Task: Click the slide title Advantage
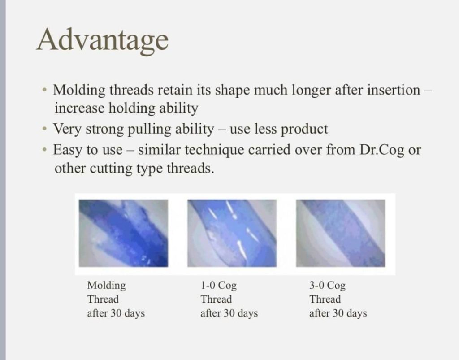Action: point(103,40)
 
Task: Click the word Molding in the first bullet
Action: point(79,90)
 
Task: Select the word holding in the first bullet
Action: point(132,108)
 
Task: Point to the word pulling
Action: point(150,129)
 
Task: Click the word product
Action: point(304,129)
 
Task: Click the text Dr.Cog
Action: point(382,150)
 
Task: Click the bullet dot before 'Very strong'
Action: point(44,129)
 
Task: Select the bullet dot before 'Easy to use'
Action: point(44,150)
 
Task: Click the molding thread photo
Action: point(124,233)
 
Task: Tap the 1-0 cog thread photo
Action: point(232,233)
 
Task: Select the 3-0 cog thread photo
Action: point(341,233)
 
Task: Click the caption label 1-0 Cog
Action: point(218,285)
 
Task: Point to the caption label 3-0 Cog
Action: point(327,285)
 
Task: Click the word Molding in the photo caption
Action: point(107,286)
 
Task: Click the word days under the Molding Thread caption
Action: point(134,313)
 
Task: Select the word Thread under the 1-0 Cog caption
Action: point(217,299)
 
